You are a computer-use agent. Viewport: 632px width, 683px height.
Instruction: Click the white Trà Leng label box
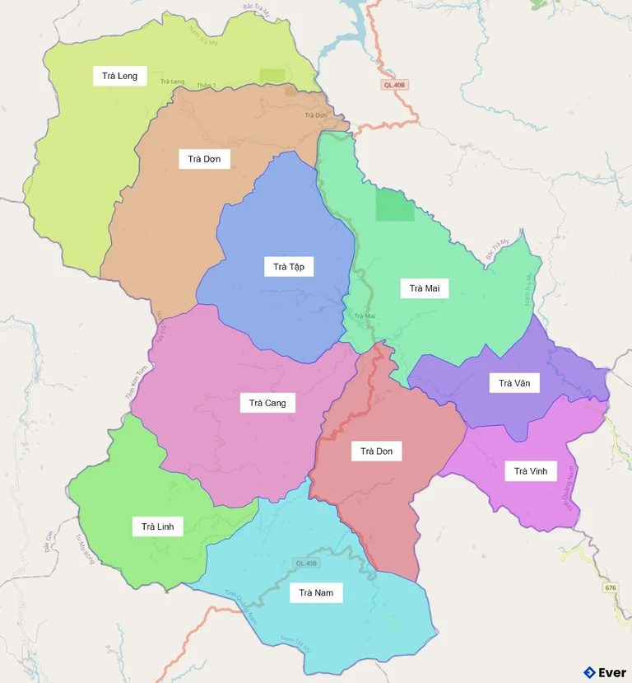pos(119,76)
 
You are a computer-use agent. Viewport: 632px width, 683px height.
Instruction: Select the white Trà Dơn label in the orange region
pos(204,158)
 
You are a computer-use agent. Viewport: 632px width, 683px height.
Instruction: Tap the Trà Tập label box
pos(289,266)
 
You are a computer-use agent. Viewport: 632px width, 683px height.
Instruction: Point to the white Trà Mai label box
pos(425,288)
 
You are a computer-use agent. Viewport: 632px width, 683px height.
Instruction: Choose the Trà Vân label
pos(514,382)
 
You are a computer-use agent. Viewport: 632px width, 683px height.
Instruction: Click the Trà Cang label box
pos(267,403)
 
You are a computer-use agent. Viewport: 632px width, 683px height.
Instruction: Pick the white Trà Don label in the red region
pos(377,451)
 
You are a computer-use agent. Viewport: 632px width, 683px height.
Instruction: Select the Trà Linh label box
pos(157,526)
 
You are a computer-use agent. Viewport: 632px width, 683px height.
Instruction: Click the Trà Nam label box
pos(316,592)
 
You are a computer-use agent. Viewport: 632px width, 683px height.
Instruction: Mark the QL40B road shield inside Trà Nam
pos(305,563)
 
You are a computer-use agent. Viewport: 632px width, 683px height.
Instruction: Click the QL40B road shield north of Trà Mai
pos(395,85)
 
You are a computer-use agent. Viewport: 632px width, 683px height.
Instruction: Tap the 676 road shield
pos(610,587)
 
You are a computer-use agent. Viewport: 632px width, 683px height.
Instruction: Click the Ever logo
pos(605,672)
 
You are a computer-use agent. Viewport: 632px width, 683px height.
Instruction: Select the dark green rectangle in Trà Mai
pos(395,205)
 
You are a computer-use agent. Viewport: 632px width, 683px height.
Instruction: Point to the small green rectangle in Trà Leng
pos(272,76)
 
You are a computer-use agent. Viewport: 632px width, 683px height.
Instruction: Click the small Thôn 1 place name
pos(206,86)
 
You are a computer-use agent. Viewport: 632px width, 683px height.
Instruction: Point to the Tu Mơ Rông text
pos(84,549)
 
